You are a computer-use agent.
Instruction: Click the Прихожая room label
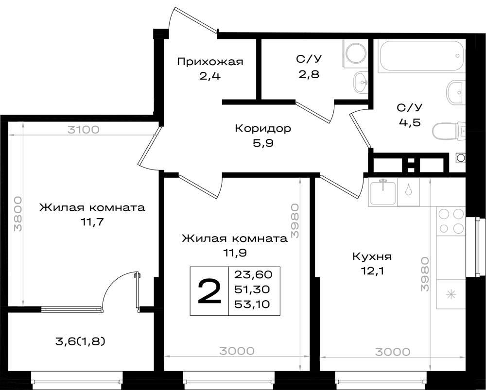[210, 62]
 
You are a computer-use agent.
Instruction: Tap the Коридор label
[263, 128]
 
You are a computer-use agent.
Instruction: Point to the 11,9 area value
[235, 253]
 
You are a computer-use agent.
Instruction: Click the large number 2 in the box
[209, 291]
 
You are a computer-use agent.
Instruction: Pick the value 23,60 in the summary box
[253, 274]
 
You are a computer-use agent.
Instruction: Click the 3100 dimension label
[84, 129]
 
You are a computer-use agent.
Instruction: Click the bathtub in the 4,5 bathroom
[421, 56]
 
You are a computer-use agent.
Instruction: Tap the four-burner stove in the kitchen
[451, 221]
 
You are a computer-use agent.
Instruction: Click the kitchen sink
[383, 193]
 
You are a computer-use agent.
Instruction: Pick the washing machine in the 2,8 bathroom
[355, 53]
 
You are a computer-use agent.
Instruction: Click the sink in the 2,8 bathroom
[360, 83]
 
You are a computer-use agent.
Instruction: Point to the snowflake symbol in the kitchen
[451, 294]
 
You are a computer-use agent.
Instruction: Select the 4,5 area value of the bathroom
[409, 122]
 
